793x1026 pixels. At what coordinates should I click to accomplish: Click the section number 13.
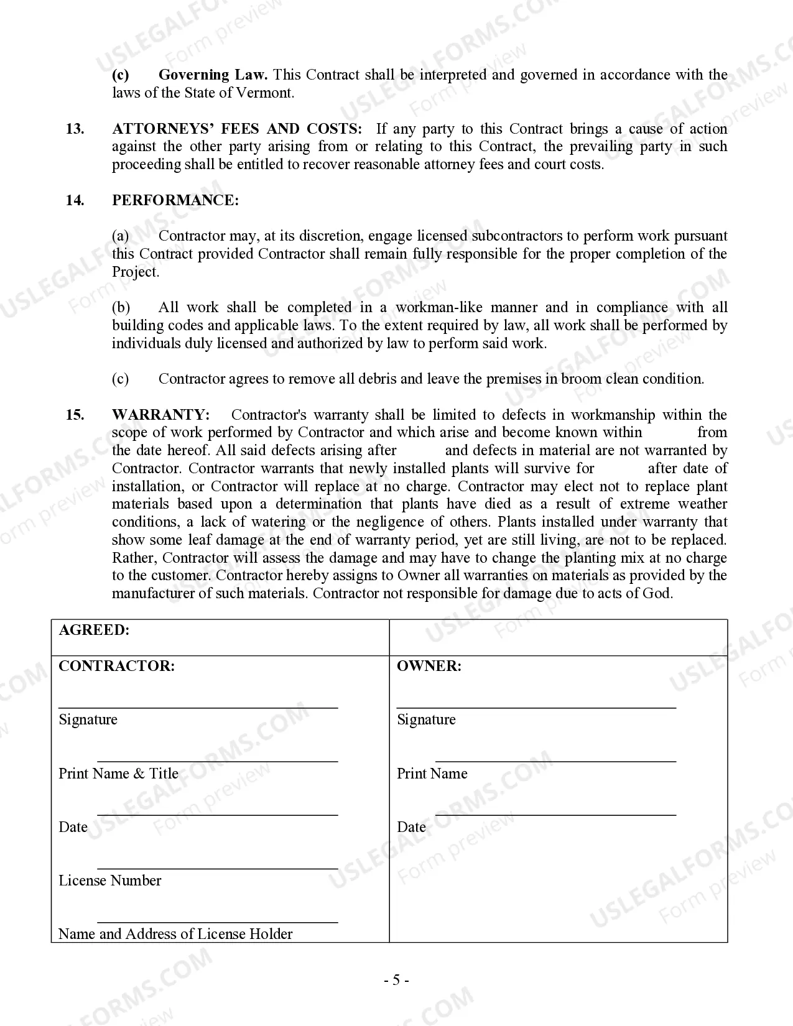click(75, 129)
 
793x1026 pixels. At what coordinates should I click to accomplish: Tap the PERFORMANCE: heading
click(175, 200)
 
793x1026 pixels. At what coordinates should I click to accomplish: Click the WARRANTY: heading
click(161, 415)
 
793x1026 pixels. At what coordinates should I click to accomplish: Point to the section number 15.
click(75, 415)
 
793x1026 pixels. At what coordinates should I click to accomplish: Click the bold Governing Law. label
click(213, 75)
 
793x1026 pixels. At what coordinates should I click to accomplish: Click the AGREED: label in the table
click(94, 630)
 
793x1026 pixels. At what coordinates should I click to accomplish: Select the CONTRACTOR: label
click(117, 666)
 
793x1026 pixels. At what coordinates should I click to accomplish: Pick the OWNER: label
click(429, 666)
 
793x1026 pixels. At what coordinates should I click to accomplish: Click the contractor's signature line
click(198, 707)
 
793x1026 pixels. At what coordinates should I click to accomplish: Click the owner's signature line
click(536, 707)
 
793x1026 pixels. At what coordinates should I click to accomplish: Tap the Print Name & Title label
click(118, 774)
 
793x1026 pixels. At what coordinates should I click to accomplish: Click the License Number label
click(110, 880)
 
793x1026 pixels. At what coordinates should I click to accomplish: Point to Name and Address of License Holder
click(175, 934)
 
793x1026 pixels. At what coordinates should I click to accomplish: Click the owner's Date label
click(411, 827)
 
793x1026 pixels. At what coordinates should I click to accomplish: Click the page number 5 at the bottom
click(396, 981)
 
